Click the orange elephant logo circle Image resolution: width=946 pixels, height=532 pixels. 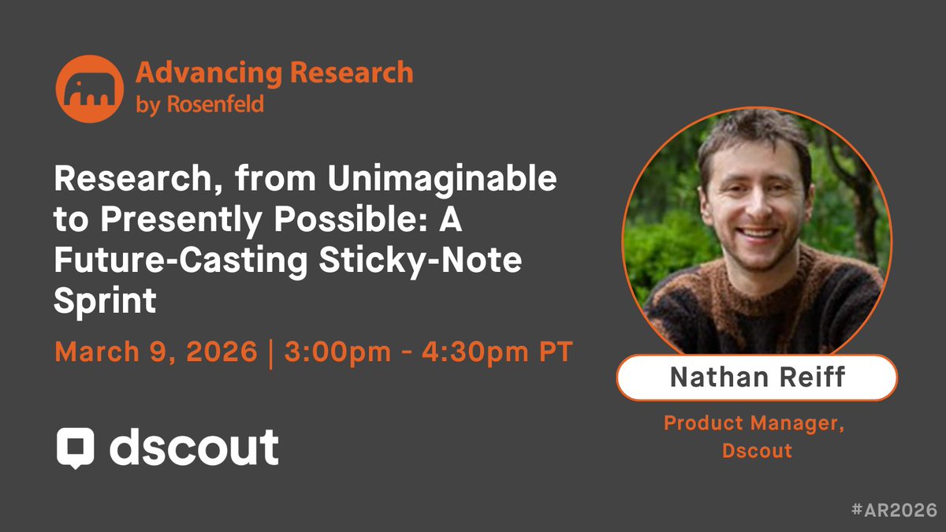click(89, 89)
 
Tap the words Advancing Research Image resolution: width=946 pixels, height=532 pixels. click(274, 73)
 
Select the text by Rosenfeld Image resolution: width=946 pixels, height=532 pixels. click(199, 105)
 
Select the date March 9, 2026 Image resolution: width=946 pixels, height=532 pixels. click(156, 352)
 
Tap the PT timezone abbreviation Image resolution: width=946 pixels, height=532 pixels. click(554, 352)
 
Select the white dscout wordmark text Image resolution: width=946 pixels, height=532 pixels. click(194, 446)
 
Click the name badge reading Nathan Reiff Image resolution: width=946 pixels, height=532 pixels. click(757, 378)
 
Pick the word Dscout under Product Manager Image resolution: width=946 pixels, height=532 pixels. click(756, 452)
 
